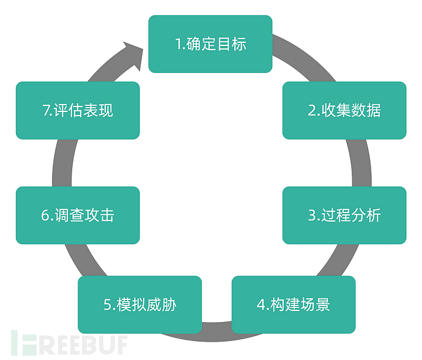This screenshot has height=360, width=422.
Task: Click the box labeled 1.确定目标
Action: pyautogui.click(x=210, y=44)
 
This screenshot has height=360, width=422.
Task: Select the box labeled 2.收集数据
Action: pyautogui.click(x=344, y=110)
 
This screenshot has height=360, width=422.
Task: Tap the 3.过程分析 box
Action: pyautogui.click(x=344, y=215)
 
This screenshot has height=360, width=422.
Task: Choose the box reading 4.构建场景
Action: pyautogui.click(x=294, y=304)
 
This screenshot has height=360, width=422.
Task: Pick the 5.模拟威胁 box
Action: pyautogui.click(x=139, y=304)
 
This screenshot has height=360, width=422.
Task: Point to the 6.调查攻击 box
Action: pyautogui.click(x=78, y=215)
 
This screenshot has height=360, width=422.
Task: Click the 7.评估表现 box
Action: pyautogui.click(x=78, y=110)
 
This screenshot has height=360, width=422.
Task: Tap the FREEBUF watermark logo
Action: pyautogui.click(x=69, y=343)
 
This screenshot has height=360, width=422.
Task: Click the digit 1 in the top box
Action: pyautogui.click(x=179, y=44)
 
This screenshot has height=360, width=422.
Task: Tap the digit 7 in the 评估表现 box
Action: pyautogui.click(x=46, y=110)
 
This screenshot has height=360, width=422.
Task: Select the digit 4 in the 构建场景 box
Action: pyautogui.click(x=261, y=305)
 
